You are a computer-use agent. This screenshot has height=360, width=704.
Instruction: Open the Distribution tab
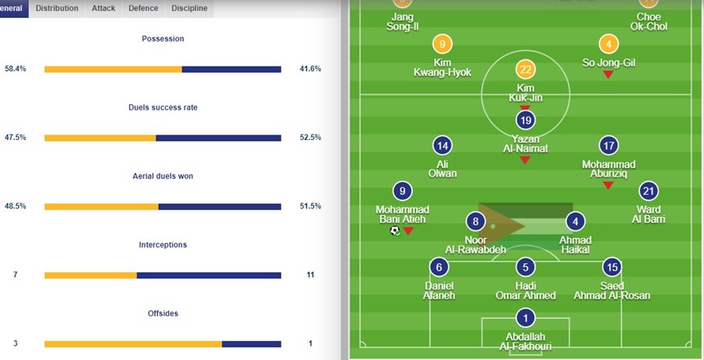point(57,9)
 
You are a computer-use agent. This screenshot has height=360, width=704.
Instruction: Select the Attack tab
point(102,9)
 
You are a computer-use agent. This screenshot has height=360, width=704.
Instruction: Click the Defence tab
point(142,9)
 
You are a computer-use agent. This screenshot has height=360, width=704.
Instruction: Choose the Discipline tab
point(189,9)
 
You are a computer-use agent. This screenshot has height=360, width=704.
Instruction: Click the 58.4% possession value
point(16,69)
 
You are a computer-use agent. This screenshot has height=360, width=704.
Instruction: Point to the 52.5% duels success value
point(310,138)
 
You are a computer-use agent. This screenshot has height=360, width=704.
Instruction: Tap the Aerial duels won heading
point(163,176)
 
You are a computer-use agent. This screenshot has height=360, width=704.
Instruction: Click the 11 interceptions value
point(310,275)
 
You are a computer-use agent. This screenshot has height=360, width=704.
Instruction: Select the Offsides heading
point(163,314)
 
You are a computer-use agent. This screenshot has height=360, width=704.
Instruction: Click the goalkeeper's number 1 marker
point(526,319)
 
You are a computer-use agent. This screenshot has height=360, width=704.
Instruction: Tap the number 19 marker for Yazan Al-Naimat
point(526,120)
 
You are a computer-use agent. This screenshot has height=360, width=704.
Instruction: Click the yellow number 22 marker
point(526,70)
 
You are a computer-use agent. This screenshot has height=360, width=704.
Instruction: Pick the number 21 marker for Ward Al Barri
point(648,191)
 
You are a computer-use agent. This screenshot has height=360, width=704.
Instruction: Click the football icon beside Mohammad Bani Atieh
point(395,231)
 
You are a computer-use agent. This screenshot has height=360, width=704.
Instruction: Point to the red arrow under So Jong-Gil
point(608,74)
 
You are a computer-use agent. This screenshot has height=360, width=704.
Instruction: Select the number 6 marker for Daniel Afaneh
point(439,267)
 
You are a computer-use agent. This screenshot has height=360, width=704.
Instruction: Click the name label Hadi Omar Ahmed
point(526,290)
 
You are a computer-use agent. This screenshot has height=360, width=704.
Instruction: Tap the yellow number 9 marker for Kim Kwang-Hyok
point(443,45)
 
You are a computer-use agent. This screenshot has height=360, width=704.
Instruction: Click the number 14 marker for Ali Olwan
point(443,146)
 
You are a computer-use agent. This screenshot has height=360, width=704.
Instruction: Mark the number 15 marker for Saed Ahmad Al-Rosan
point(612,267)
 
